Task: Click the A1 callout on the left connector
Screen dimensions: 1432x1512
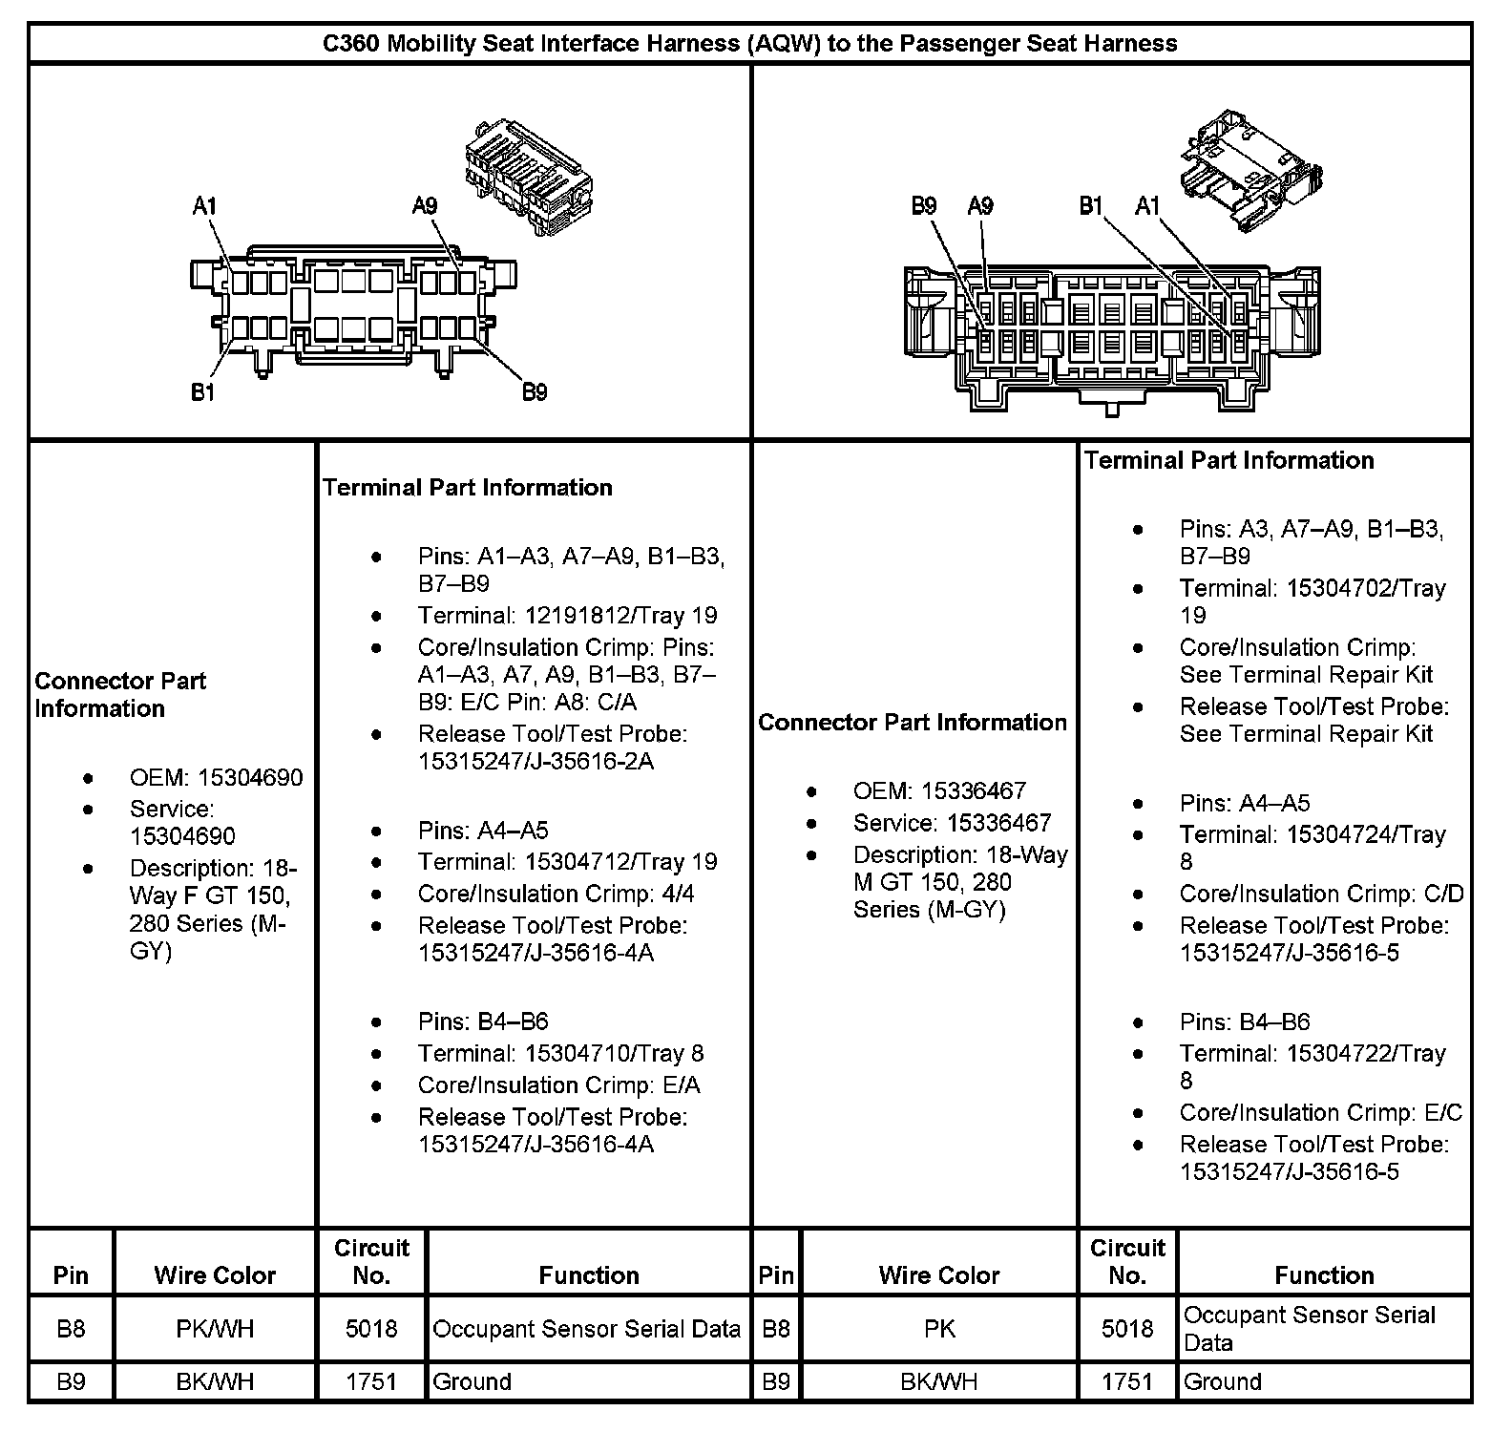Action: point(205,206)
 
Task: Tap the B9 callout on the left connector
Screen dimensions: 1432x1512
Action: point(535,392)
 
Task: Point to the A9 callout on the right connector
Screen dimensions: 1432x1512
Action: point(980,206)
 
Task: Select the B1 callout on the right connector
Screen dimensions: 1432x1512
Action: point(1091,206)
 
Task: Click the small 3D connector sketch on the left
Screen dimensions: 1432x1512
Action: point(527,176)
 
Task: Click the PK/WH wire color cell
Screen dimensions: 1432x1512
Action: point(215,1329)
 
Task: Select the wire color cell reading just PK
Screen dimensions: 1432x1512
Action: point(939,1329)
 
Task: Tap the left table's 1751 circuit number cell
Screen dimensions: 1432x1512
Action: point(370,1381)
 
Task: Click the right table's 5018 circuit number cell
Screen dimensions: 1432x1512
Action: point(1127,1329)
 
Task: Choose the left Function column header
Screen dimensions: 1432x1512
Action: point(589,1275)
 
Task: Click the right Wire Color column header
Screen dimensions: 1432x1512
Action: point(939,1275)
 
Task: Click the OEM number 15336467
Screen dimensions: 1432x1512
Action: point(973,791)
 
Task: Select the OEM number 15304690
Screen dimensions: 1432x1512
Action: point(249,778)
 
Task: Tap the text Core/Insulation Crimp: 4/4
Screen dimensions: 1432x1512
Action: point(556,895)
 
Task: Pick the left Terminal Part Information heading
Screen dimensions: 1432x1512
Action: point(467,488)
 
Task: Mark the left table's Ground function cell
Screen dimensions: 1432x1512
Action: point(472,1381)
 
